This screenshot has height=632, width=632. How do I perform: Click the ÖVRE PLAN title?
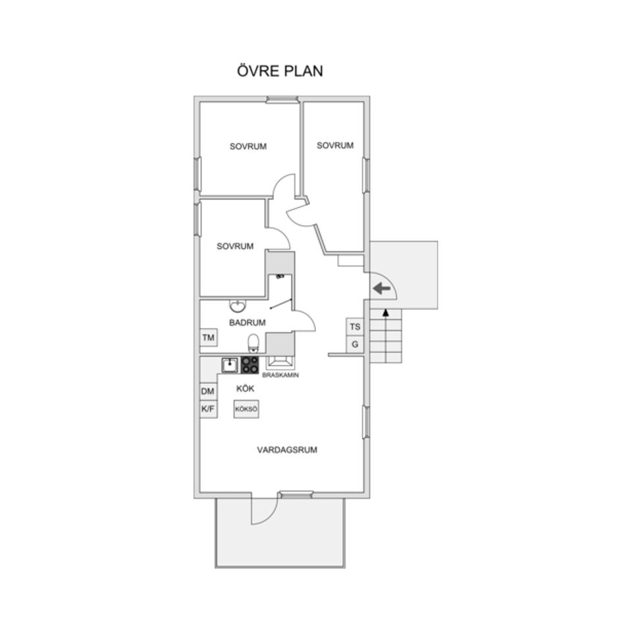[280, 71]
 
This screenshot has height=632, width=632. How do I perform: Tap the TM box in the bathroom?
[209, 337]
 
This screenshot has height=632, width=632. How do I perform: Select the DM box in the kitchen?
[208, 391]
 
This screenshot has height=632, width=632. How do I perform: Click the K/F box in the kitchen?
[208, 409]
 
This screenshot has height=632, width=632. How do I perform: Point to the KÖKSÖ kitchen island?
[246, 409]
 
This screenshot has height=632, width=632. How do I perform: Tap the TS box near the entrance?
[355, 327]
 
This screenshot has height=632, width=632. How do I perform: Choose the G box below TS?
[355, 344]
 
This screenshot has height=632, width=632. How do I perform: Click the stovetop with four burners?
[250, 365]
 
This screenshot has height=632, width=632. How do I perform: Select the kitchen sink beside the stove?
[230, 365]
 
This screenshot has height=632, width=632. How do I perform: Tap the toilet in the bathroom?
[253, 343]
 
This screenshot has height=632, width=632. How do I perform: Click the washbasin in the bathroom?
[238, 306]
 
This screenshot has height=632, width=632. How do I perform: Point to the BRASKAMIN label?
[280, 375]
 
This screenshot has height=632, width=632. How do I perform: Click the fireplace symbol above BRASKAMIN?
[280, 363]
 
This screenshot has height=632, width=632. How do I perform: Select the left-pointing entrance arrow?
[381, 288]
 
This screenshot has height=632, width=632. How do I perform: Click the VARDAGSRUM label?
[287, 450]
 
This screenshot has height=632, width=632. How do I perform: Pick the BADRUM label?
[247, 323]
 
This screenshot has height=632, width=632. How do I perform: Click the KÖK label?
[245, 388]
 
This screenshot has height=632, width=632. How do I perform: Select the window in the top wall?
[282, 99]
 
